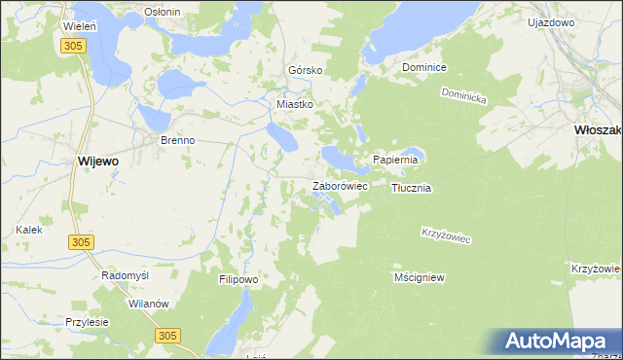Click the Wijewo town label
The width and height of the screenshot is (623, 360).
point(97,162)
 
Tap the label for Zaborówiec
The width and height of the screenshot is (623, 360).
point(338,185)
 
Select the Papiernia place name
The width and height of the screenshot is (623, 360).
point(395,160)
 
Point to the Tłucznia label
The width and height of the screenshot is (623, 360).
point(411,188)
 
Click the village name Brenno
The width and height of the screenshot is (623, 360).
point(178,140)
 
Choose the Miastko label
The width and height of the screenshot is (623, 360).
point(295,103)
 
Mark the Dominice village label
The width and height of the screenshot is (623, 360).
point(424,68)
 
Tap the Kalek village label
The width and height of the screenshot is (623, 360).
point(28,230)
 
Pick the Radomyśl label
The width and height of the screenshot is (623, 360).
point(125,275)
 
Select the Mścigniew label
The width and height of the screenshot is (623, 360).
point(419,277)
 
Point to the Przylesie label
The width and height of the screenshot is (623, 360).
point(87,322)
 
